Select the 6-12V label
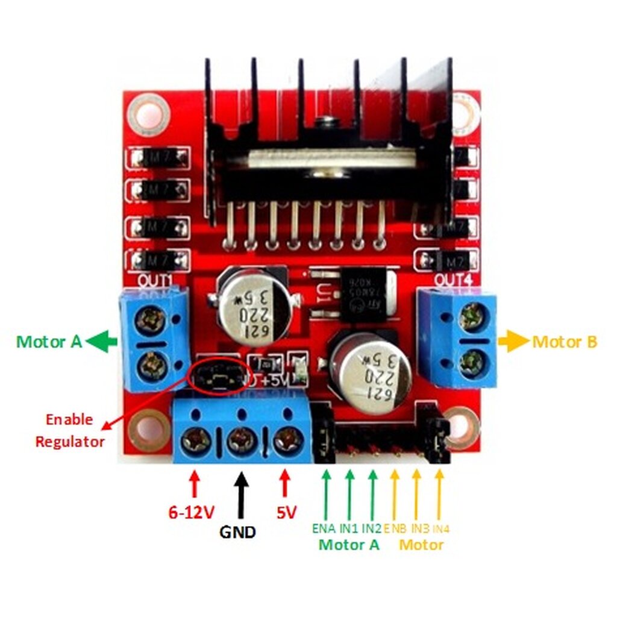(x=192, y=513)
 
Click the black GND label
(x=237, y=532)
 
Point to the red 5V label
(x=287, y=513)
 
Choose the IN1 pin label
(x=349, y=528)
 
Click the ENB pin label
(x=395, y=528)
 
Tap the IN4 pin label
(x=441, y=528)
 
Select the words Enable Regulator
(x=70, y=430)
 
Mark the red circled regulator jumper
(x=218, y=378)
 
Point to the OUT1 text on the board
(x=155, y=281)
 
